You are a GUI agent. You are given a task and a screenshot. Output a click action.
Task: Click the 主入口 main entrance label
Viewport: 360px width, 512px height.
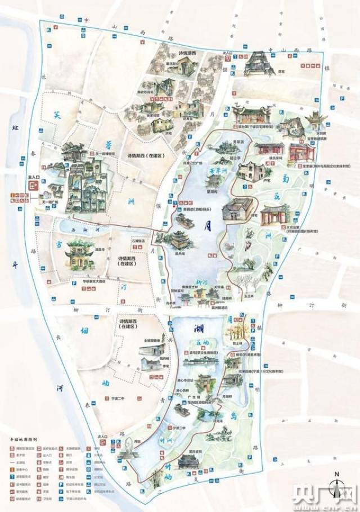point(33,176)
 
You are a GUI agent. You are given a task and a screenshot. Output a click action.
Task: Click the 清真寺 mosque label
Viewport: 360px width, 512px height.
point(98,247)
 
